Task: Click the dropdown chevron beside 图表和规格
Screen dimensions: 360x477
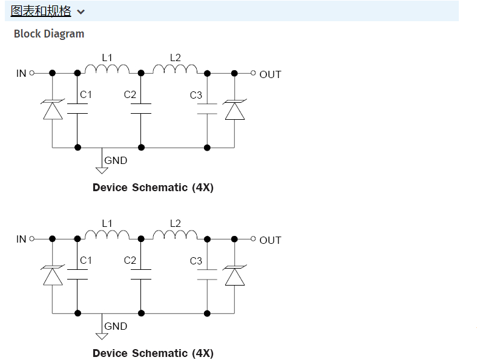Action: click(81, 11)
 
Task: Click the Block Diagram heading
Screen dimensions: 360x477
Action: click(49, 34)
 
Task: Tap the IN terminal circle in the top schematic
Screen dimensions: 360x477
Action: click(32, 73)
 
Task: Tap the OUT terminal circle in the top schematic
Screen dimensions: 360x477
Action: click(253, 73)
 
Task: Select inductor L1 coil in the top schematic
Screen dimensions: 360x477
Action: click(107, 69)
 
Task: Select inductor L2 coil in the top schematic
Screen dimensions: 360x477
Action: click(175, 69)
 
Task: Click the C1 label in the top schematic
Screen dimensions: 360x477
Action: click(86, 94)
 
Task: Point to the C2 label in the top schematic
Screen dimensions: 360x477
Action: click(130, 94)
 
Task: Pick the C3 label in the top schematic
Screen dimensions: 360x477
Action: click(196, 95)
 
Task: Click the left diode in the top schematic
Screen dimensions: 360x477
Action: click(53, 110)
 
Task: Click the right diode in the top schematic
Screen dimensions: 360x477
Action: click(234, 110)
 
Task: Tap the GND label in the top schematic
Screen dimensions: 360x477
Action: click(116, 160)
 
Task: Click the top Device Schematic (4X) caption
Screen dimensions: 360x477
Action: click(153, 188)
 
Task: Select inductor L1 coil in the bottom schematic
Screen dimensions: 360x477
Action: click(107, 235)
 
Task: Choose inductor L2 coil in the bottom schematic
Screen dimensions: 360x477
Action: click(175, 235)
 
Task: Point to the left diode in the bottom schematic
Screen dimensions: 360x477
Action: click(53, 276)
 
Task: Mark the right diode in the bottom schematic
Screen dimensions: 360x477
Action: click(234, 276)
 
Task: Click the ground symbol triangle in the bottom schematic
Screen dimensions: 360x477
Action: click(102, 336)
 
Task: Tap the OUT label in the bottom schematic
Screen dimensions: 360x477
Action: click(270, 240)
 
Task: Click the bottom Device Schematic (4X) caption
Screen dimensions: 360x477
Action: click(153, 353)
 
